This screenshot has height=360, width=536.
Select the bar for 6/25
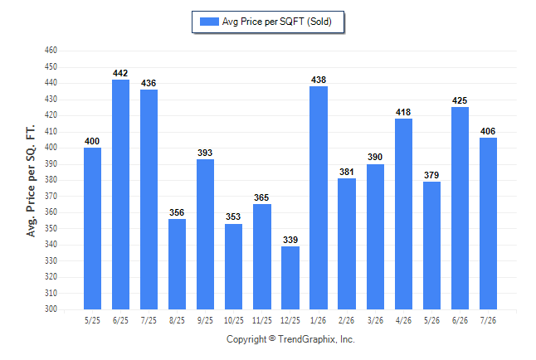pyautogui.click(x=120, y=195)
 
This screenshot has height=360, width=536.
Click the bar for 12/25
pyautogui.click(x=290, y=278)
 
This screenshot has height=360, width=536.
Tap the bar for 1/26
pyautogui.click(x=319, y=198)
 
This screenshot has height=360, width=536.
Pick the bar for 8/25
pyautogui.click(x=177, y=265)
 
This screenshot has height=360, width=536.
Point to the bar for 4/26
pyautogui.click(x=404, y=214)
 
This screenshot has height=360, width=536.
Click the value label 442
pyautogui.click(x=120, y=73)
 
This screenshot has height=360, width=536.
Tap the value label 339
pyautogui.click(x=290, y=240)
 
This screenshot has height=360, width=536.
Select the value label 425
pyautogui.click(x=460, y=100)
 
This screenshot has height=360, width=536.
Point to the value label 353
pyautogui.click(x=233, y=216)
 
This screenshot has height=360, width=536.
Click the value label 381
pyautogui.click(x=347, y=172)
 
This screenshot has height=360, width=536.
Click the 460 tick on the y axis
pyautogui.click(x=51, y=51)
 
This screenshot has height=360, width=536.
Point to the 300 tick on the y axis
pyautogui.click(x=51, y=309)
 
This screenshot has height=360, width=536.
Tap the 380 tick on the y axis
pyautogui.click(x=51, y=180)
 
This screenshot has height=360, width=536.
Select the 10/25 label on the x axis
pyautogui.click(x=234, y=320)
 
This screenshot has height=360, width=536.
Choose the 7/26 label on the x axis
pyautogui.click(x=488, y=320)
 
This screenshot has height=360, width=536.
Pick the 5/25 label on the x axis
pyautogui.click(x=92, y=320)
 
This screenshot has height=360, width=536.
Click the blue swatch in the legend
pyautogui.click(x=209, y=22)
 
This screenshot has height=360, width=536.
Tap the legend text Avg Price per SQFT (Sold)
pyautogui.click(x=277, y=22)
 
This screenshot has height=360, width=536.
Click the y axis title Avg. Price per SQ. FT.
pyautogui.click(x=31, y=181)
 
